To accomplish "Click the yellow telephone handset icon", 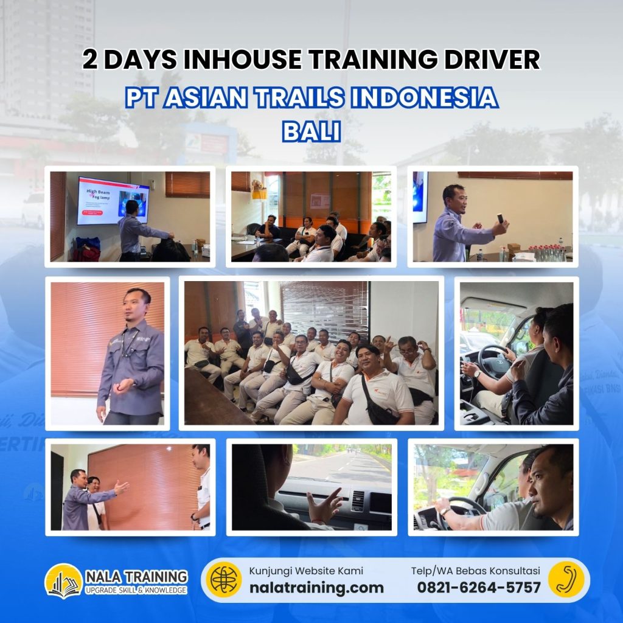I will pos(565,579).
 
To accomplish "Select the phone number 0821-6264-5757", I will pos(479,587).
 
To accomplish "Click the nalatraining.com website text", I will pos(316,587).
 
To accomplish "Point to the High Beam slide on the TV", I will pos(113,200).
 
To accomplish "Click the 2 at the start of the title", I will pos(91,60).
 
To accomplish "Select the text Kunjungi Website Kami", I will pos(306,571).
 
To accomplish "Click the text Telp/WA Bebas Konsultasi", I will pos(475,571).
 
